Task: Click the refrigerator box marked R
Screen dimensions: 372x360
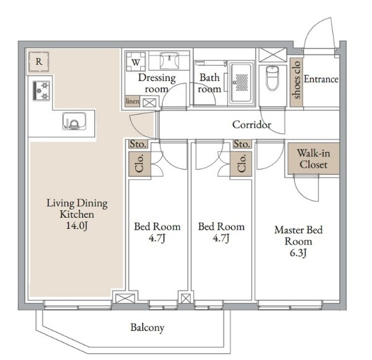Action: point(38,61)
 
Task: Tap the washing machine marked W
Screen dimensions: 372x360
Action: point(135,61)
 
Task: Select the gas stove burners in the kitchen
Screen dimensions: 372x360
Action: point(42,91)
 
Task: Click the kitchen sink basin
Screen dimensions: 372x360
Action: point(74,121)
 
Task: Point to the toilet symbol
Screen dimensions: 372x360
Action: point(272,78)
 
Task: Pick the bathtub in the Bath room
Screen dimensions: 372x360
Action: point(242,83)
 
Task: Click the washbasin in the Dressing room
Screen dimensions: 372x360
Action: point(169,60)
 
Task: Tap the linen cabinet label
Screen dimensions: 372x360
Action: point(133,101)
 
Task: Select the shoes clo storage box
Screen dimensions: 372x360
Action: point(296,82)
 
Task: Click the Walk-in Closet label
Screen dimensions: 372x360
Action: point(313,159)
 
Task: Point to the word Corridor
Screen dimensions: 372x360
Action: point(252,125)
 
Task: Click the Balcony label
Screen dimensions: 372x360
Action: point(148,328)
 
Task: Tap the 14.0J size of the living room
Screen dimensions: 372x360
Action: point(77,225)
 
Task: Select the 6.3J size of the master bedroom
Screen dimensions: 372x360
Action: point(298,253)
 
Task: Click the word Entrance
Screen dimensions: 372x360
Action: point(321,79)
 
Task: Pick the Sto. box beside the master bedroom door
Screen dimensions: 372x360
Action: point(242,144)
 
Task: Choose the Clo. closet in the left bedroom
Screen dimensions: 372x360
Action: point(139,164)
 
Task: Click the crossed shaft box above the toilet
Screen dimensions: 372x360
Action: point(273,55)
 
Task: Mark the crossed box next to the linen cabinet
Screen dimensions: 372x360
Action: point(149,103)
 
